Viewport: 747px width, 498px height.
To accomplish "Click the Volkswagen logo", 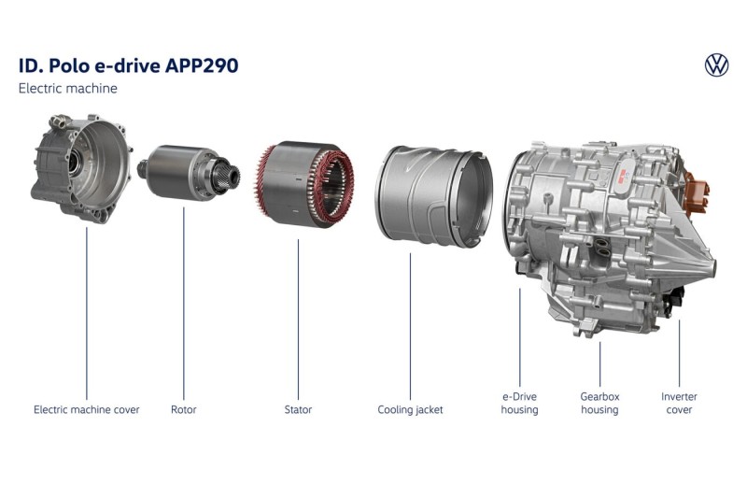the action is (x=716, y=65).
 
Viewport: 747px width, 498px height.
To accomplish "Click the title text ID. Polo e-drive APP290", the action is (x=128, y=65).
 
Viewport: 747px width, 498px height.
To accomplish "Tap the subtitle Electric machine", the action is (x=67, y=88).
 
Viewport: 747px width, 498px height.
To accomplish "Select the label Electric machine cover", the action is (x=87, y=409).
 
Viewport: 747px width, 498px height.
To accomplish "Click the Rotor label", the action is (x=183, y=409).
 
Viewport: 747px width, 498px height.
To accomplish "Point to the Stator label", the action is (x=298, y=409).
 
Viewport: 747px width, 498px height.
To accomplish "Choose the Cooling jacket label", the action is (x=410, y=409).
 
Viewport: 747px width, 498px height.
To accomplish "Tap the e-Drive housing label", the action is (x=519, y=404).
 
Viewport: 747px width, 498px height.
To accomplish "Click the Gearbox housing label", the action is (x=599, y=404).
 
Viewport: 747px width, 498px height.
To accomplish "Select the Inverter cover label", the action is (x=679, y=404).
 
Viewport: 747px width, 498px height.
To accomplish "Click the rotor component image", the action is (x=190, y=172).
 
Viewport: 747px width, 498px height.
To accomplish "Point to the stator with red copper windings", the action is (x=304, y=184).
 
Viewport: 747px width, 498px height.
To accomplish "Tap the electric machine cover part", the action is (x=81, y=168).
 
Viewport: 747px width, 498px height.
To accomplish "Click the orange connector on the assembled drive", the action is (x=696, y=192).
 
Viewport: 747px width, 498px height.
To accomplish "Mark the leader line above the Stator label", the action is (x=298, y=320).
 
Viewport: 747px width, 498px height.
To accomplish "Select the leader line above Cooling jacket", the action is (x=410, y=326).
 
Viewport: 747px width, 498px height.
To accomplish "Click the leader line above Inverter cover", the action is (x=680, y=353).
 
